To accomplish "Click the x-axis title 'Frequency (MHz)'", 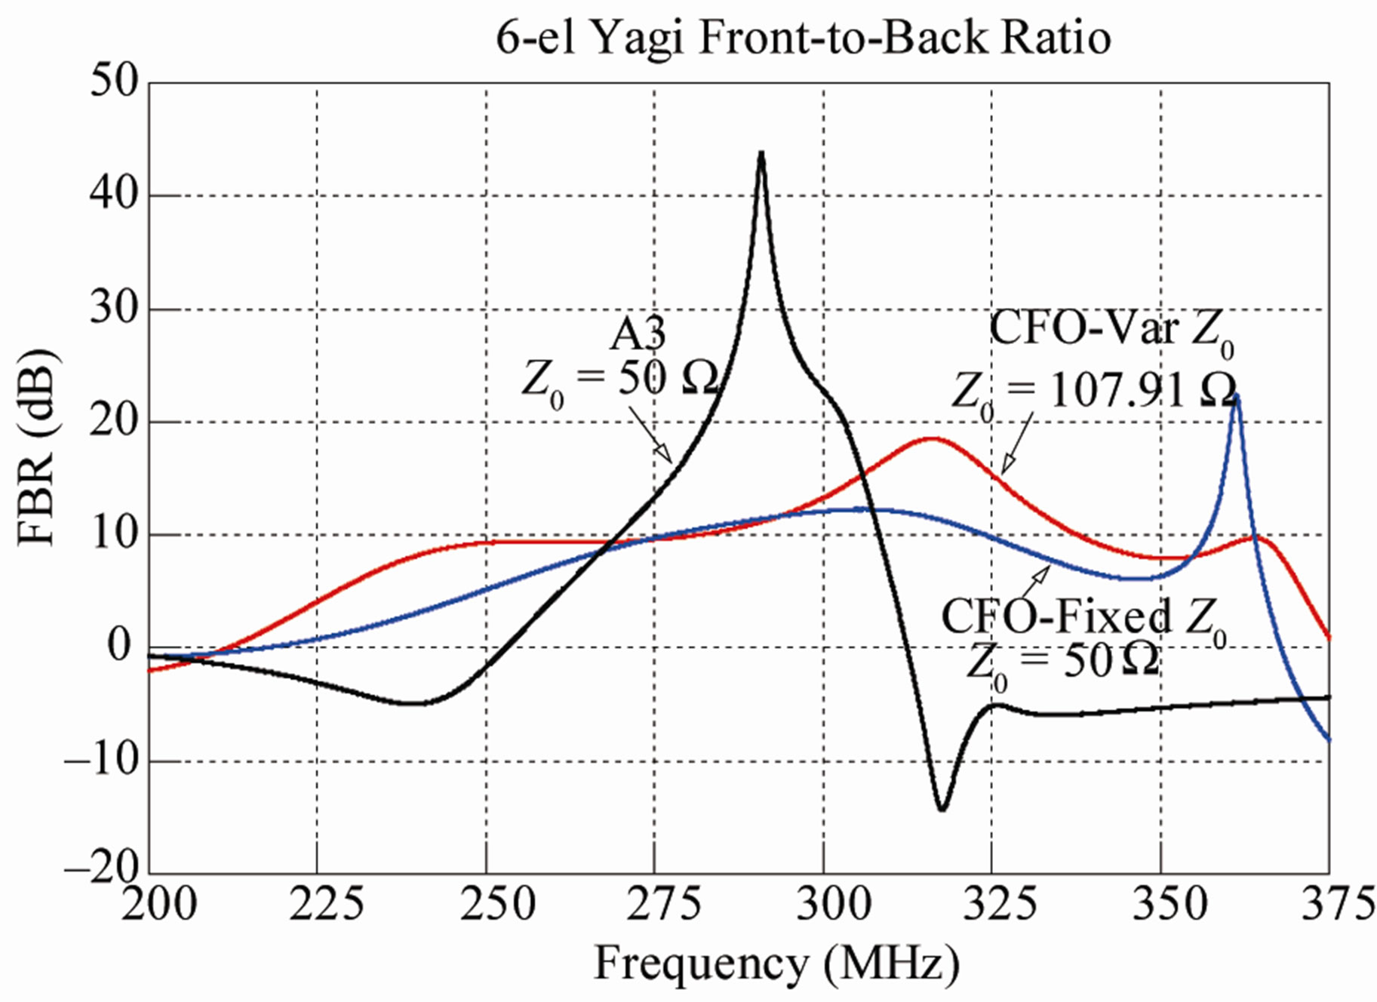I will pos(777,964).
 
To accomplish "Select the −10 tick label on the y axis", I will pos(103,760).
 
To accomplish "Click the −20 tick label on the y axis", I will pos(103,871).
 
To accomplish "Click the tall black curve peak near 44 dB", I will pos(761,154).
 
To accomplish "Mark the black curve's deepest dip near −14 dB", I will pos(942,809).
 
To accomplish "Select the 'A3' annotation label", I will pos(638,335).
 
